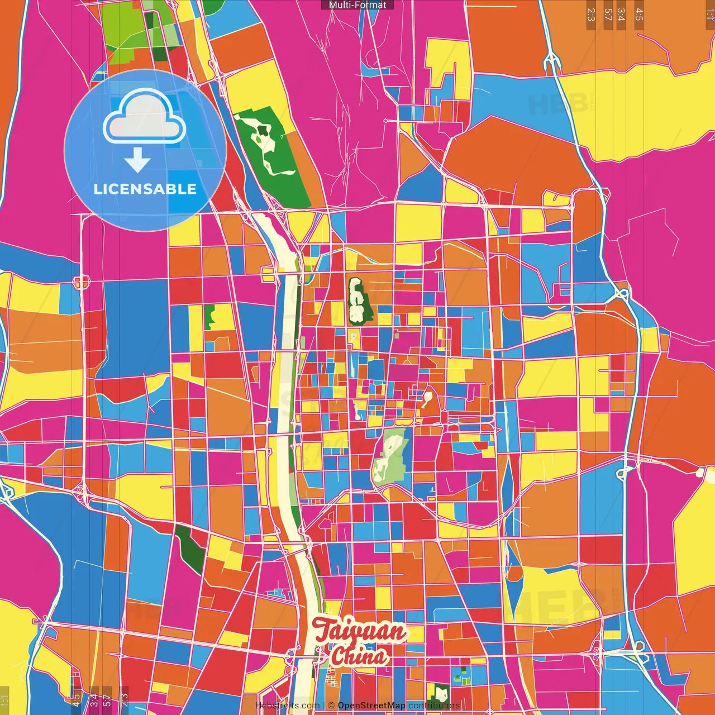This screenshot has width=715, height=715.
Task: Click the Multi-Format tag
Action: pos(357,5)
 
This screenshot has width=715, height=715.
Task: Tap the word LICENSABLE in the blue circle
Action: pos(145,189)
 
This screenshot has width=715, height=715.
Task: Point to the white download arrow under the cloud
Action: pos(137,161)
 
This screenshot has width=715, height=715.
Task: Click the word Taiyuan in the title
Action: pos(359,631)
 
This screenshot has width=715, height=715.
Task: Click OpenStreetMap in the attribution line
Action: pos(371,706)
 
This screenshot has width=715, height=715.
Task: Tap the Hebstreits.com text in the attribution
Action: pos(287,706)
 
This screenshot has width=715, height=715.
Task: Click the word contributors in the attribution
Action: pos(434,706)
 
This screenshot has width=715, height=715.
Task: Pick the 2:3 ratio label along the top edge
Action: pos(590,15)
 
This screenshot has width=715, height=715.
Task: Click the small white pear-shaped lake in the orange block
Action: pos(428,398)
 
